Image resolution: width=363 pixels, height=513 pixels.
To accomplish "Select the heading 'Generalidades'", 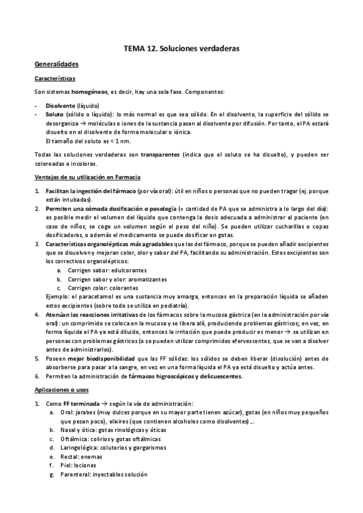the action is pyautogui.click(x=56, y=64).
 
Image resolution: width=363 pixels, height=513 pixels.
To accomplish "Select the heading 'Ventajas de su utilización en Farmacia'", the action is pyautogui.click(x=87, y=177).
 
